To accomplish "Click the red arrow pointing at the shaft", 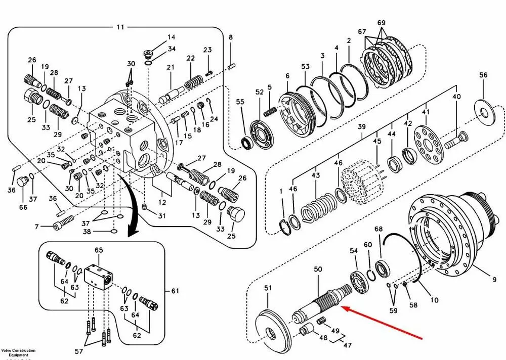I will pos(385,324).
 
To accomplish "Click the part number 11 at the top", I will pos(120,27).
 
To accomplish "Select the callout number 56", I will pos(483,75).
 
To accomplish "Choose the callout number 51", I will pos(268,288).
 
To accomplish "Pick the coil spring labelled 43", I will pos(317,208).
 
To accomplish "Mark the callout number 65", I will pos(99,250).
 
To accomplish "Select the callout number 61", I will pos(175,291).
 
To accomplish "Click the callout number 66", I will pos(23,207).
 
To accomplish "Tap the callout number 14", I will pos(172,37).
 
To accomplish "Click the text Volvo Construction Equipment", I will pos(18,352).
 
